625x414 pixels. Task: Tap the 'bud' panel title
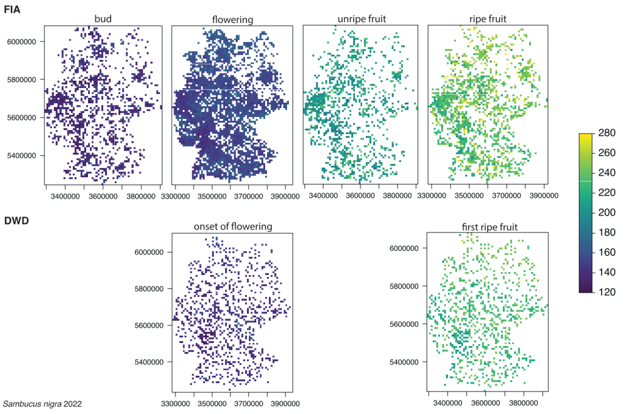103,19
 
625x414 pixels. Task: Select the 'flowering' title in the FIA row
233,20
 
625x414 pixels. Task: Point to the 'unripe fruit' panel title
360,19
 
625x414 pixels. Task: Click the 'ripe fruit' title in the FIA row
484,19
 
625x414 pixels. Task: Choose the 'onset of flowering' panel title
233,226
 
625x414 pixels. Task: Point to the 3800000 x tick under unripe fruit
396,197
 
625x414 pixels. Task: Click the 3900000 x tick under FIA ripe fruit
538,198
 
